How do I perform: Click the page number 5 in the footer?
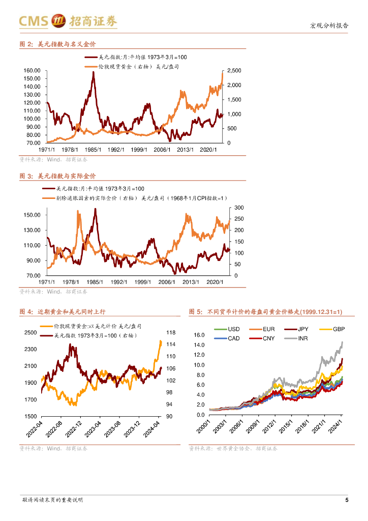pyautogui.click(x=347, y=500)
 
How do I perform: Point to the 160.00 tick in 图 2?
pyautogui.click(x=32, y=70)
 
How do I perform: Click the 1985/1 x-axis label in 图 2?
pyautogui.click(x=92, y=150)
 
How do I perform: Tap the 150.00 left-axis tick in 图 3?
pyautogui.click(x=32, y=215)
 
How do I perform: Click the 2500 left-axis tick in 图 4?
pyautogui.click(x=30, y=333)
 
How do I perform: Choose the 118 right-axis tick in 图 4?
pyautogui.click(x=170, y=333)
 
